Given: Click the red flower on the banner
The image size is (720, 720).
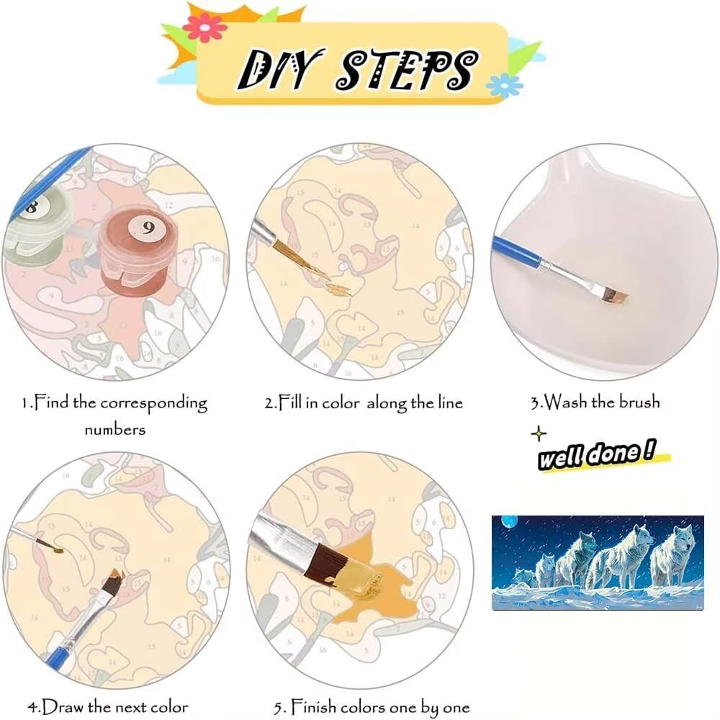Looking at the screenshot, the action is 205,27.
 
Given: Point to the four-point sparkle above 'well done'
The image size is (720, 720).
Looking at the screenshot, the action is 539,433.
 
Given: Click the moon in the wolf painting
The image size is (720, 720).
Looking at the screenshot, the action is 509,521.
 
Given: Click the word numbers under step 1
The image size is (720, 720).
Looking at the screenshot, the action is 114,430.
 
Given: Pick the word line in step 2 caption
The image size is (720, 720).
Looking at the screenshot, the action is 450,402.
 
